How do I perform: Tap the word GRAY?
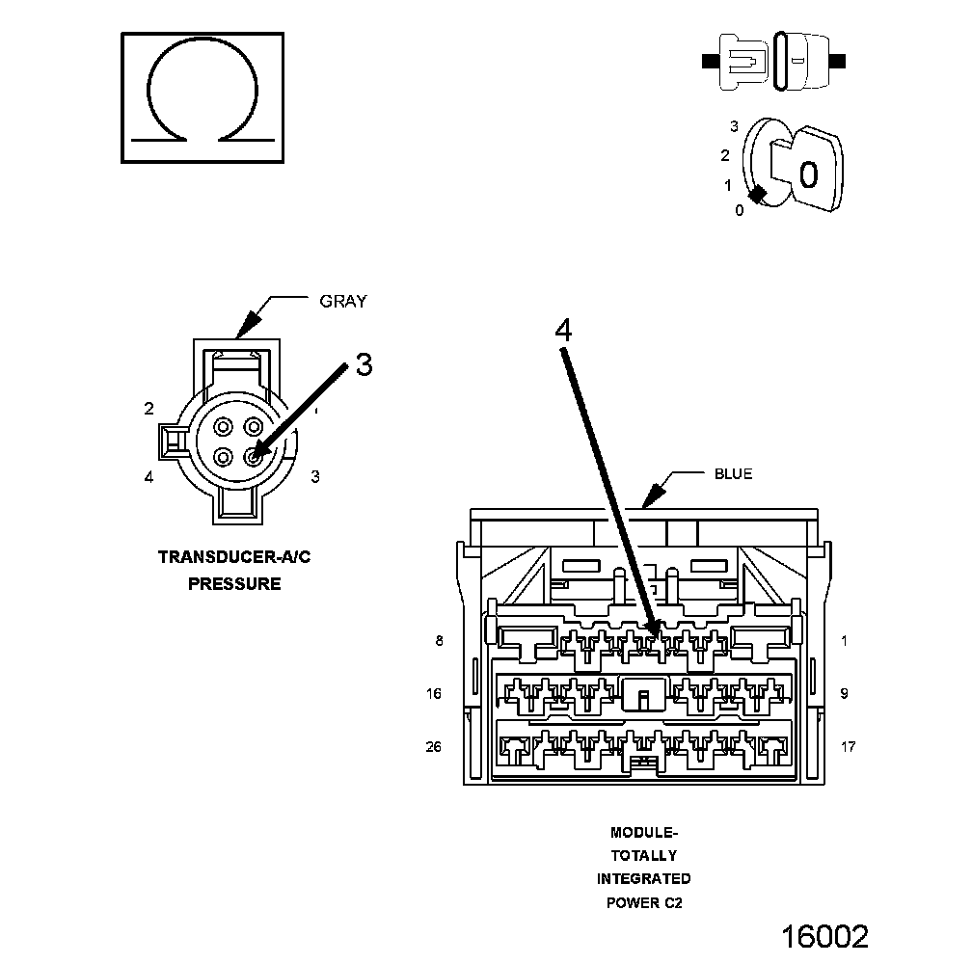pyautogui.click(x=343, y=302)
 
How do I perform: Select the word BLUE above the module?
pyautogui.click(x=733, y=473)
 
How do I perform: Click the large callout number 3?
pyautogui.click(x=363, y=364)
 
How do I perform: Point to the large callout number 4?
pyautogui.click(x=563, y=330)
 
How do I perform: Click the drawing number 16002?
pyautogui.click(x=824, y=936)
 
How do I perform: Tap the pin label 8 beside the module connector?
pyautogui.click(x=440, y=641)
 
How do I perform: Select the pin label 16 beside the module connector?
pyautogui.click(x=435, y=693)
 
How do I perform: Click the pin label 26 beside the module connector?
pyautogui.click(x=434, y=747)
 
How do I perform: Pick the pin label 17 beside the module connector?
pyautogui.click(x=848, y=747)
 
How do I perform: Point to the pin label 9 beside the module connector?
pyautogui.click(x=844, y=693)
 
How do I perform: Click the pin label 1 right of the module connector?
pyautogui.click(x=844, y=641)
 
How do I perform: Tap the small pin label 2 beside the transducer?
pyautogui.click(x=149, y=409)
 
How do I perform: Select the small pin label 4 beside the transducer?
pyautogui.click(x=149, y=477)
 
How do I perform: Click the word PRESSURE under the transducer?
pyautogui.click(x=234, y=583)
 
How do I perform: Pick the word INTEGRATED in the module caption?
pyautogui.click(x=643, y=878)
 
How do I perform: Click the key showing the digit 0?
pyautogui.click(x=808, y=172)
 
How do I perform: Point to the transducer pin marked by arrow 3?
pyautogui.click(x=254, y=457)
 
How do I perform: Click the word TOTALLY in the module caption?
pyautogui.click(x=643, y=855)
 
